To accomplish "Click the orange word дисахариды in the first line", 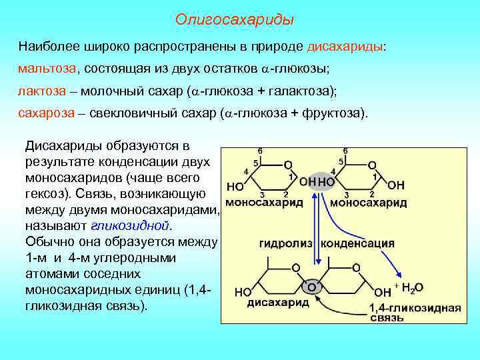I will coord(345,47).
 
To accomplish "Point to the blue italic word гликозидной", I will coord(127,225).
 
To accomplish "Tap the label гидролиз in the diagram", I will coord(287,243).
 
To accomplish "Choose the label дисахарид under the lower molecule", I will coord(278,302).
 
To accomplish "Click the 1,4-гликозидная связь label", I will coord(415,313).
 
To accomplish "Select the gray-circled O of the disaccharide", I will coord(311,286).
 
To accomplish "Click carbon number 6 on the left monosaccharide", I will coord(259,151).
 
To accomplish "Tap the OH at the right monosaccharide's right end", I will coord(395,185).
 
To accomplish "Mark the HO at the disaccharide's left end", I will coord(243,292).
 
